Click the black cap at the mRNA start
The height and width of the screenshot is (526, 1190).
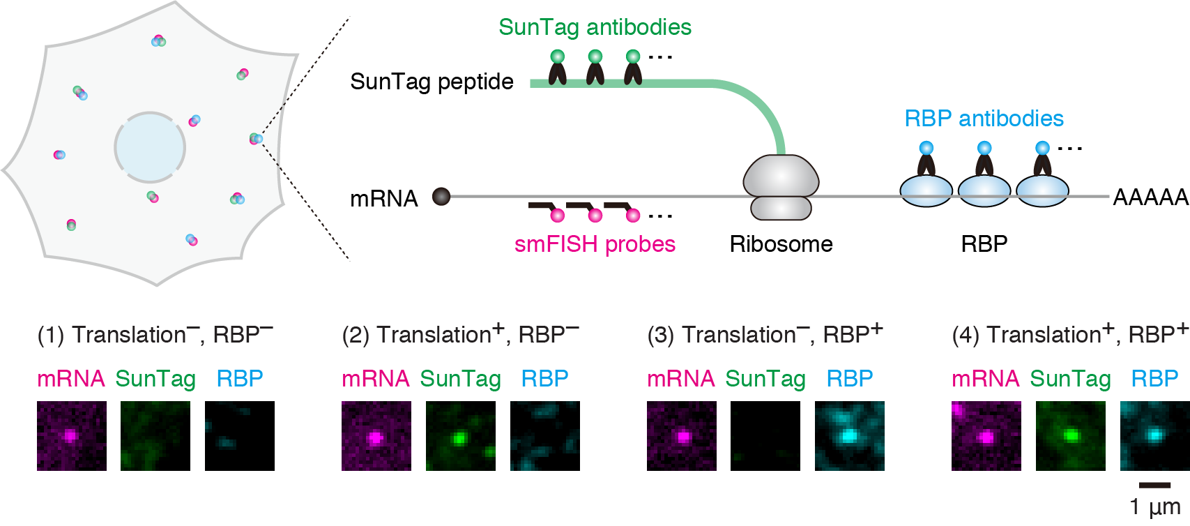(441, 197)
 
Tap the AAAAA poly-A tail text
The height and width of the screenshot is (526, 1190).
(1150, 197)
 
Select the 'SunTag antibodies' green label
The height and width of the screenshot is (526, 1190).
(595, 27)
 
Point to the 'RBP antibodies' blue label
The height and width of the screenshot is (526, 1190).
(984, 119)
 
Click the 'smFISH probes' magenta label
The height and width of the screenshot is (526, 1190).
(595, 244)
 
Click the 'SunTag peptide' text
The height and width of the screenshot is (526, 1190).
(432, 82)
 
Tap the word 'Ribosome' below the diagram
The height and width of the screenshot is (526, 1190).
(781, 244)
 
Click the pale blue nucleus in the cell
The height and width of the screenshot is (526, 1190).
(150, 148)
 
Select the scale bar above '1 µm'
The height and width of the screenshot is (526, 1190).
(1154, 485)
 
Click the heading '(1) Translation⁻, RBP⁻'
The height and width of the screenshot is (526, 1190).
(155, 335)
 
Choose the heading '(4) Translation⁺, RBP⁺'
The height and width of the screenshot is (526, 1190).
(1069, 335)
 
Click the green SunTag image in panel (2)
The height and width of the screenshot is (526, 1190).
(460, 436)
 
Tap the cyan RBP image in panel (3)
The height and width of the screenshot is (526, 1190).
(849, 436)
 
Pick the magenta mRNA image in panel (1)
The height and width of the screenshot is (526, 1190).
(72, 436)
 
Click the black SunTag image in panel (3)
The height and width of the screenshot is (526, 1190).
(765, 436)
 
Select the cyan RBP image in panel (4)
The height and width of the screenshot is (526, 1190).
(1154, 436)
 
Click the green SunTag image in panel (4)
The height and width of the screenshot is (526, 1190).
(1070, 436)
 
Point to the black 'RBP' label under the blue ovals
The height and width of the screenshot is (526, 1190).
(984, 244)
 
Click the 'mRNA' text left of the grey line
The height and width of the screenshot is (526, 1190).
(383, 199)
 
